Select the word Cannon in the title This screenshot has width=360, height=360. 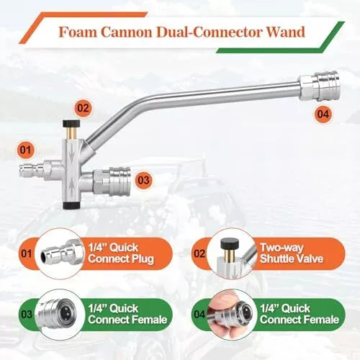pyautogui.click(x=126, y=32)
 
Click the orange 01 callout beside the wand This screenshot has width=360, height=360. pyautogui.click(x=26, y=150)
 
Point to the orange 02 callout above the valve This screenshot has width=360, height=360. pyautogui.click(x=83, y=108)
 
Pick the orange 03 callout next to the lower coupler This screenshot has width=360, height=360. pyautogui.click(x=143, y=180)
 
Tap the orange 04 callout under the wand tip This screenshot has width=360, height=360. pyautogui.click(x=323, y=114)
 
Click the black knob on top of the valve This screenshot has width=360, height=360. pyautogui.click(x=71, y=123)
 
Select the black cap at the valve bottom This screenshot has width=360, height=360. pyautogui.click(x=71, y=205)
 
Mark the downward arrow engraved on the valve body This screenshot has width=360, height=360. pyautogui.click(x=72, y=153)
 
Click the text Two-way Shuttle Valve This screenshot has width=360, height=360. pyautogui.click(x=292, y=253)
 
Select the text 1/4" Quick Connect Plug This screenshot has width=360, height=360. pyautogui.click(x=121, y=253)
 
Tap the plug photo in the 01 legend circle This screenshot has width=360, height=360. pyautogui.click(x=62, y=253)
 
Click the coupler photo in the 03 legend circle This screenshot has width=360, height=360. pyautogui.click(x=61, y=312)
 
